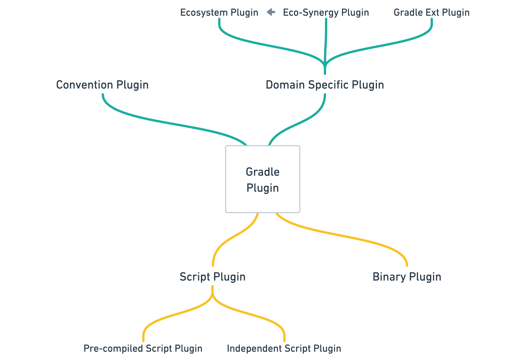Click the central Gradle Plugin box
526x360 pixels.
click(262, 179)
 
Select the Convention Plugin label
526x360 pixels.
click(102, 85)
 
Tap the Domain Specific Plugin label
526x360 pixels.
click(325, 85)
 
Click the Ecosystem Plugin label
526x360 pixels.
click(219, 13)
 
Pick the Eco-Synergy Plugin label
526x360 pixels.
click(326, 13)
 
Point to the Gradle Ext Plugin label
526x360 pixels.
click(431, 13)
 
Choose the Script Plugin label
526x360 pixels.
click(212, 277)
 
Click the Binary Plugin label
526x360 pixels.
click(407, 277)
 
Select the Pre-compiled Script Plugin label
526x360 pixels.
click(143, 348)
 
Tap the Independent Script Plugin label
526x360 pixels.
click(284, 348)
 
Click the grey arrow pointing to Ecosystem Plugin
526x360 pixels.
click(271, 12)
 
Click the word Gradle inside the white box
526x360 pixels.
click(262, 172)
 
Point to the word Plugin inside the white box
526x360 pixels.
click(262, 188)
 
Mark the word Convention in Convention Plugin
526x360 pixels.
click(85, 85)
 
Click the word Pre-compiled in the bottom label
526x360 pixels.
click(113, 348)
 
